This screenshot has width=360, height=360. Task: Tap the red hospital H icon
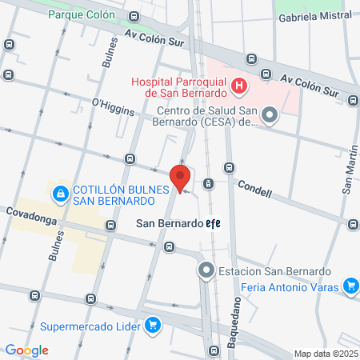pyautogui.click(x=238, y=86)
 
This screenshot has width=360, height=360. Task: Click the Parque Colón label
pyautogui.click(x=81, y=14)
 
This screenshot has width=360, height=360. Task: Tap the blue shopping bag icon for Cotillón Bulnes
pyautogui.click(x=61, y=194)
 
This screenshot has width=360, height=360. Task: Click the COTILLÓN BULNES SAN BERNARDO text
pyautogui.click(x=119, y=194)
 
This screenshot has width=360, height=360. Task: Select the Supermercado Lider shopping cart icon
pyautogui.click(x=153, y=326)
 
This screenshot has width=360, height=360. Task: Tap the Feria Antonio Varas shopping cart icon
pyautogui.click(x=350, y=286)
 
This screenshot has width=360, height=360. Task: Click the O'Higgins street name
pyautogui.click(x=112, y=106)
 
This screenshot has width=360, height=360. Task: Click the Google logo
pyautogui.click(x=26, y=350)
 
